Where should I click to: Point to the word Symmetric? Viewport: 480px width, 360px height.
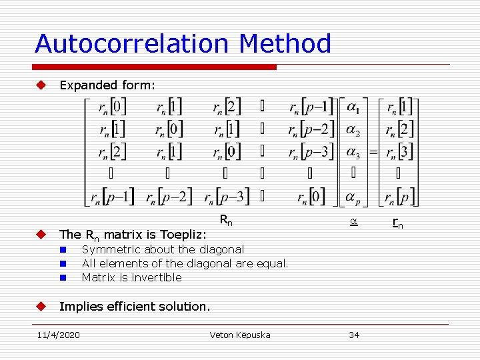pyautogui.click(x=108, y=249)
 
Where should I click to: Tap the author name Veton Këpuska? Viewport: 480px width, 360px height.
pyautogui.click(x=240, y=335)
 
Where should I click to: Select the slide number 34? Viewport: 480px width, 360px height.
pyautogui.click(x=354, y=335)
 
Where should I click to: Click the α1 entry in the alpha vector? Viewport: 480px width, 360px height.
pyautogui.click(x=353, y=107)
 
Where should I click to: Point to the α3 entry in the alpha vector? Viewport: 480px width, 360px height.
pyautogui.click(x=353, y=152)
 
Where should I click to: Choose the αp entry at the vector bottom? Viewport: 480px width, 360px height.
pyautogui.click(x=353, y=197)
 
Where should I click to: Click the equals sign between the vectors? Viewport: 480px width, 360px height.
pyautogui.click(x=373, y=152)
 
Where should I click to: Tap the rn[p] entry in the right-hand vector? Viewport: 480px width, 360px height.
pyautogui.click(x=398, y=197)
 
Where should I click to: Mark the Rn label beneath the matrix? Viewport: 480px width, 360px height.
pyautogui.click(x=227, y=221)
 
